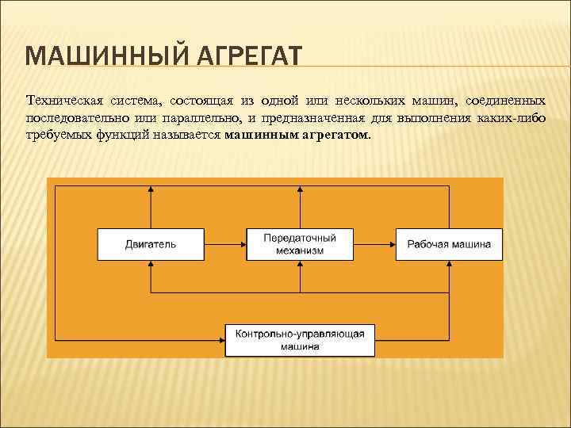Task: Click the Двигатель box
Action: point(151,244)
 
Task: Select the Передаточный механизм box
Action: point(299,244)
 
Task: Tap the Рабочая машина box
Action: point(449,244)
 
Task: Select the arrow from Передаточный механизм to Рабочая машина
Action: point(374,244)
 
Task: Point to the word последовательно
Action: point(71,118)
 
